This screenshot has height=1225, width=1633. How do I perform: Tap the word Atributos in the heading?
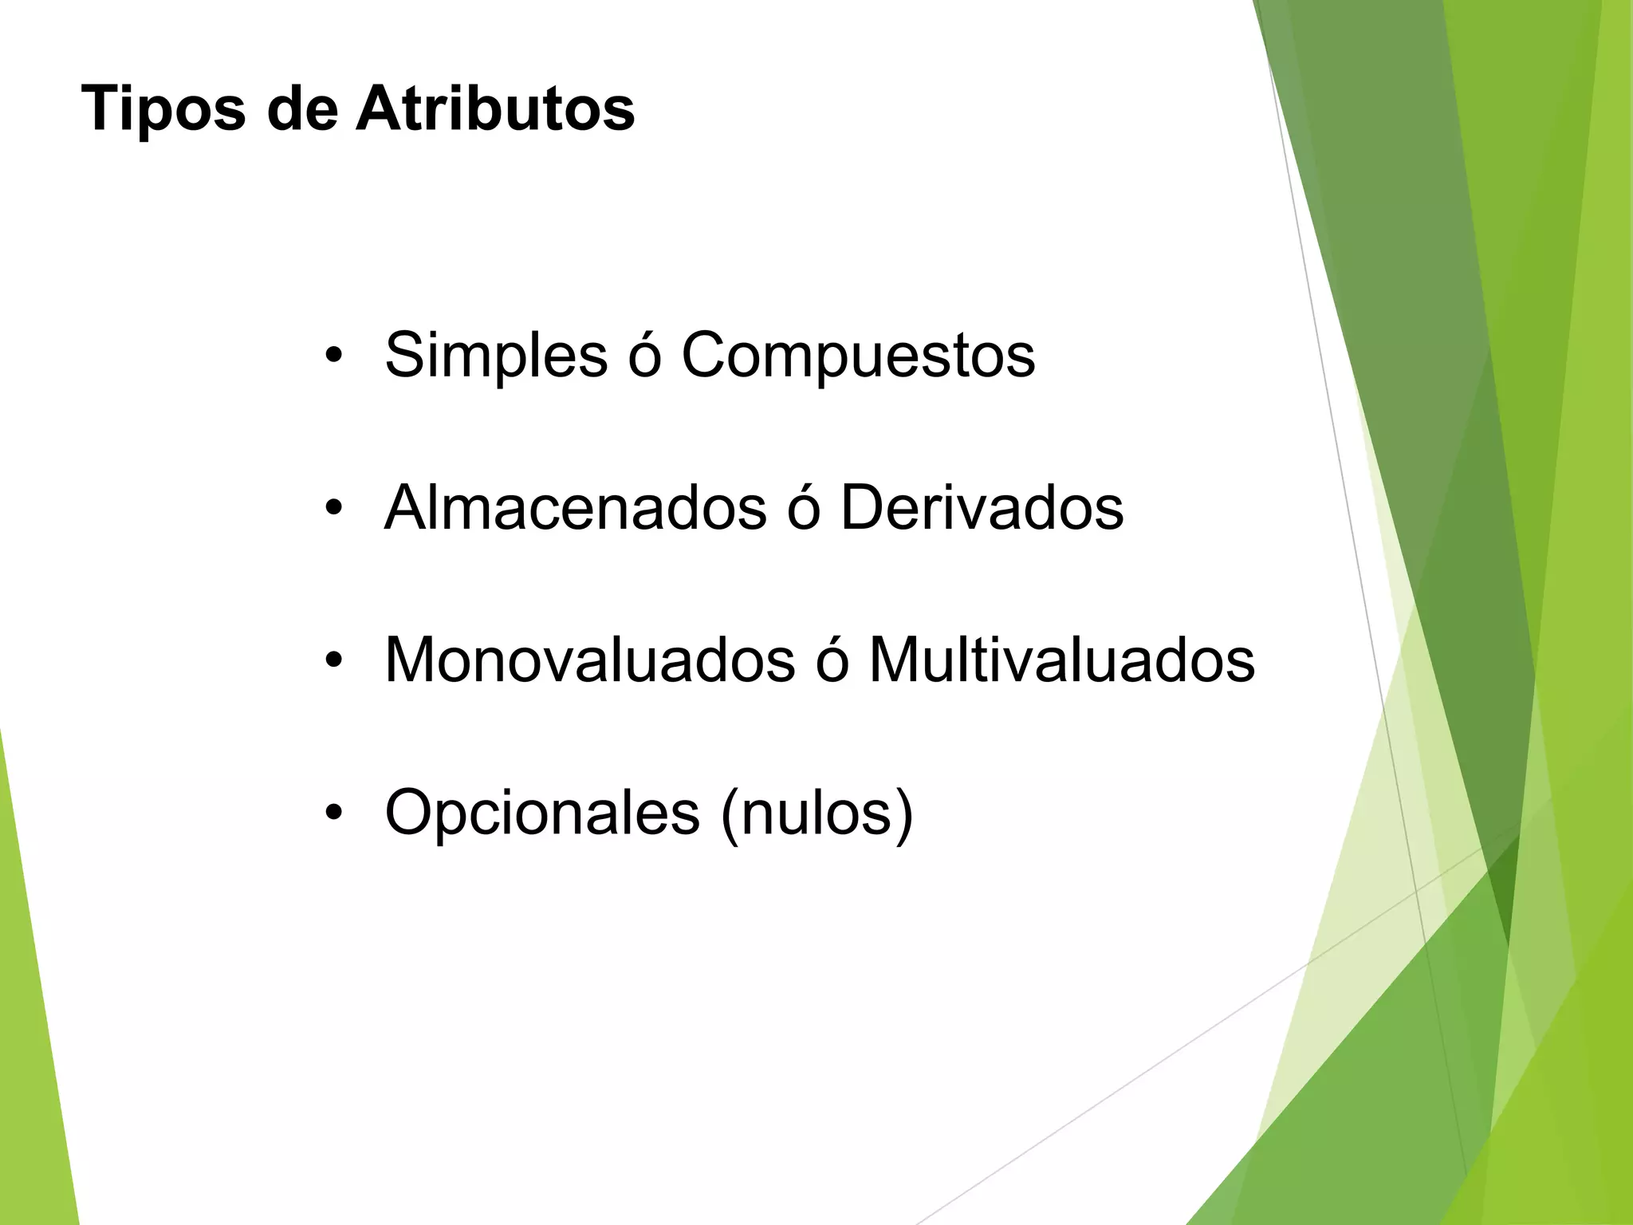[x=495, y=108]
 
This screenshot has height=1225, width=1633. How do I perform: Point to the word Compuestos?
[x=858, y=355]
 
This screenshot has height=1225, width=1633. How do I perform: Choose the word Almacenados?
[x=575, y=507]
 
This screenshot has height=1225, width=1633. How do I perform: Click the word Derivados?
[x=982, y=507]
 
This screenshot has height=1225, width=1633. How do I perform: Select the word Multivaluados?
[x=1061, y=660]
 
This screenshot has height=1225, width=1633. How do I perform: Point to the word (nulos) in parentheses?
[x=816, y=813]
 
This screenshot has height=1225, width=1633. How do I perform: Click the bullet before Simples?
[x=333, y=356]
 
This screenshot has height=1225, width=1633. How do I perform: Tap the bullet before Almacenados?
[x=333, y=509]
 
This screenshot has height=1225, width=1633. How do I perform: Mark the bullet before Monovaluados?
[x=333, y=662]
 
